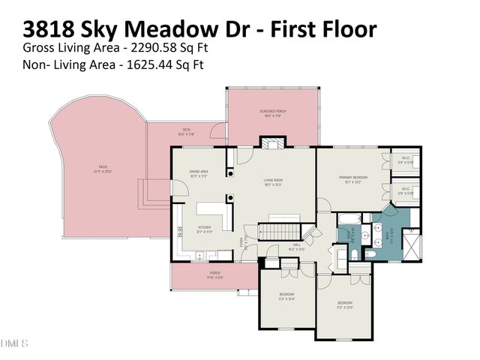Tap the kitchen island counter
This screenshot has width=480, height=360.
tap(211, 209)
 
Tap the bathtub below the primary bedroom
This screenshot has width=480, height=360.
tap(349, 220)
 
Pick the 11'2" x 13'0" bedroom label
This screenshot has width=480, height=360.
tap(344, 304)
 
